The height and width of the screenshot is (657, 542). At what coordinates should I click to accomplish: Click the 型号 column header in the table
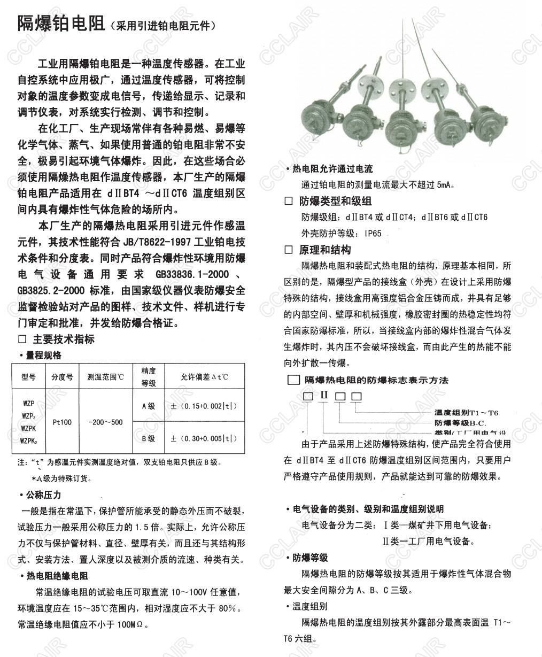pos(28,377)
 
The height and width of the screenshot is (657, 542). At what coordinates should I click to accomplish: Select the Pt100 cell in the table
pos(63,422)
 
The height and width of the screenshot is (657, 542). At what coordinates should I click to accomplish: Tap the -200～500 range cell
pos(105,422)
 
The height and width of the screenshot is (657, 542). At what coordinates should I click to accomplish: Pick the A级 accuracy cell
pos(148,406)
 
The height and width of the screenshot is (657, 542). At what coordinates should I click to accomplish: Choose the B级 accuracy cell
pos(148,438)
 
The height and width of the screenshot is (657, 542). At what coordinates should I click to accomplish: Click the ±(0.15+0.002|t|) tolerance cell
pos(204,406)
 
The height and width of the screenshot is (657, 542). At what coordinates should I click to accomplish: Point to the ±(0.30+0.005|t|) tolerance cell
pos(204,438)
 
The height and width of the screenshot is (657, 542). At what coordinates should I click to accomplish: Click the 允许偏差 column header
pos(204,377)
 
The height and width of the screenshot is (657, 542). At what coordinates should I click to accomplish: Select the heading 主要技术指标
pos(64,339)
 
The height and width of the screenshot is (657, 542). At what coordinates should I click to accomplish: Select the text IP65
pos(373,234)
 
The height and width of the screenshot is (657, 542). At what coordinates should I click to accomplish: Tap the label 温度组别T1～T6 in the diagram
pos(466,413)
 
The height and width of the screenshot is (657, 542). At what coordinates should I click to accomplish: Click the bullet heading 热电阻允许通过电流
pos(332,169)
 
